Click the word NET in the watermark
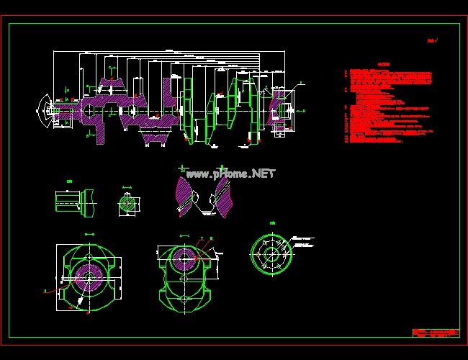[x=264, y=174]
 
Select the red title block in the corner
[x=436, y=333]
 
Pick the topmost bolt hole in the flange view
[x=272, y=237]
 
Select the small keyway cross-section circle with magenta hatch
[x=127, y=204]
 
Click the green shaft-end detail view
[x=76, y=202]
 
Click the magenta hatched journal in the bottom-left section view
[x=89, y=276]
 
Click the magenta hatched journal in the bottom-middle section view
[x=184, y=257]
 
